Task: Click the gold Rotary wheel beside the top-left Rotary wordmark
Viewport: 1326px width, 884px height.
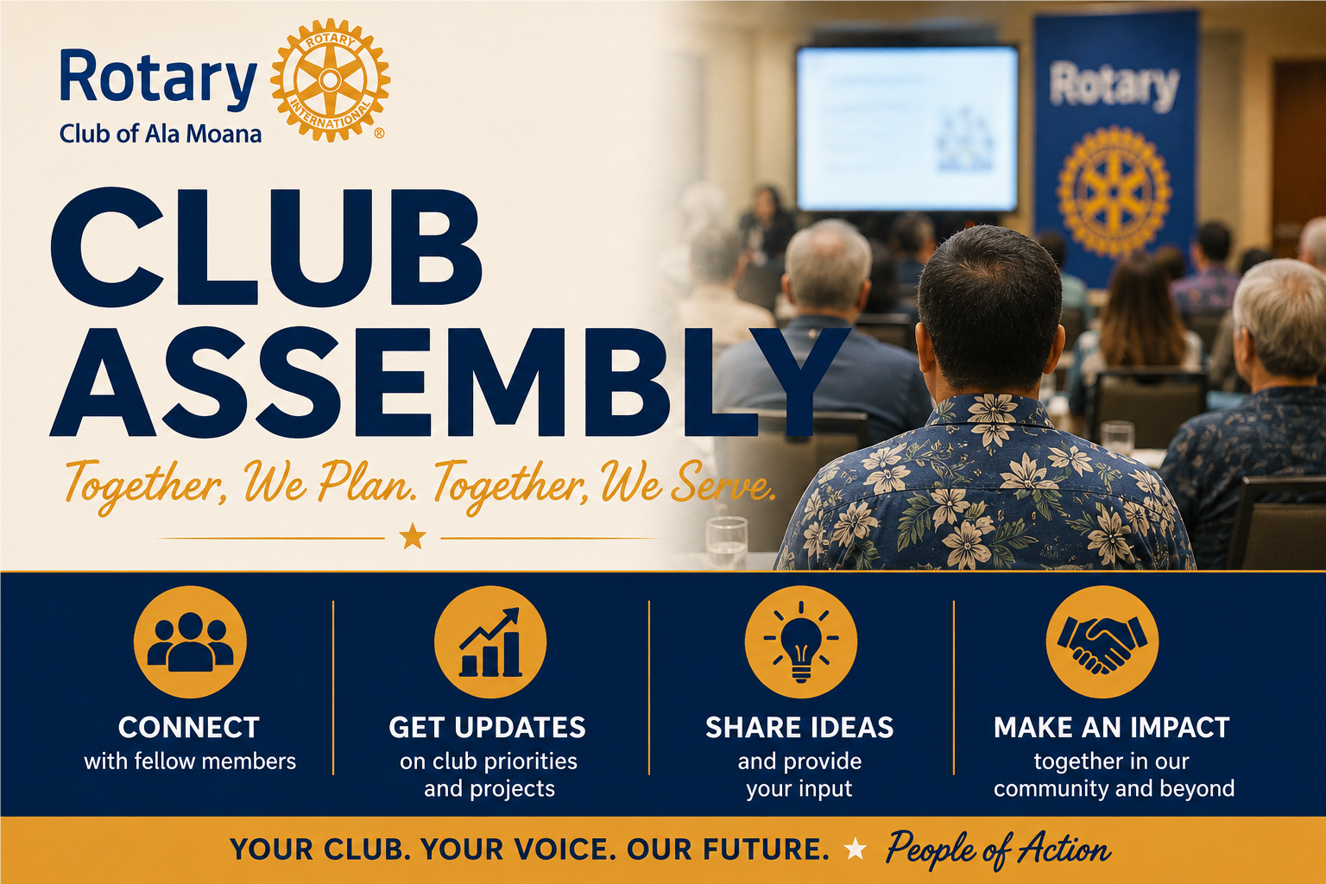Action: click(331, 80)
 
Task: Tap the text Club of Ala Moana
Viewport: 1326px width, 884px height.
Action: click(161, 134)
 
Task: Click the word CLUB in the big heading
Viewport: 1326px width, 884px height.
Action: click(267, 248)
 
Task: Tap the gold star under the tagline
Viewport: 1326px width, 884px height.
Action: click(413, 536)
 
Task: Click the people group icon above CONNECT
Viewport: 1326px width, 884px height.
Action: click(190, 641)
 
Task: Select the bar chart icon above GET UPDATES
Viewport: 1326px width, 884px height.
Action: click(490, 641)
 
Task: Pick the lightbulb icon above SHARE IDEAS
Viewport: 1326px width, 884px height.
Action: click(801, 641)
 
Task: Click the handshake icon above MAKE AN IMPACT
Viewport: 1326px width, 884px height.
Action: click(1102, 641)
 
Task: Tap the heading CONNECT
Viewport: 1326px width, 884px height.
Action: click(189, 727)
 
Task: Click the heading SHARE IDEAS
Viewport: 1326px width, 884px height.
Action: click(799, 727)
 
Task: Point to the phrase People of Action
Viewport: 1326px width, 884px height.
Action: click(998, 849)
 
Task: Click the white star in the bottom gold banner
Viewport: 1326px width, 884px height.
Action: click(855, 849)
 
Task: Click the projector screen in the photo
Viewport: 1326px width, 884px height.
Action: click(907, 128)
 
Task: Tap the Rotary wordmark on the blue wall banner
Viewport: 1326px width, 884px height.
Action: click(1114, 85)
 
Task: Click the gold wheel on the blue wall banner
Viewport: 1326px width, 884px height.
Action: click(1114, 192)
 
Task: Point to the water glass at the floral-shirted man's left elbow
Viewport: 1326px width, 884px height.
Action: click(727, 542)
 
